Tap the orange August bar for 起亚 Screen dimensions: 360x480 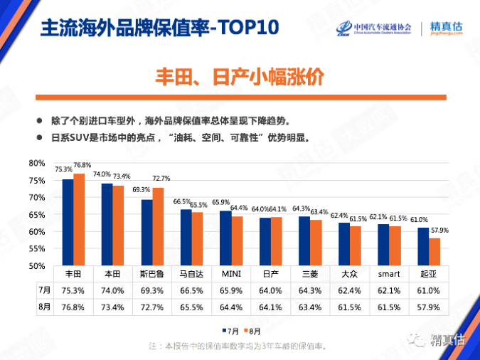(x=434, y=252)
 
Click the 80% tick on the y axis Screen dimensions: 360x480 (x=36, y=163)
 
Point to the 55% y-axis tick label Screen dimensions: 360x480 (x=36, y=249)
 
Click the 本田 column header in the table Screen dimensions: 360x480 (x=112, y=274)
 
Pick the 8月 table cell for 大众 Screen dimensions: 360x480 (x=349, y=307)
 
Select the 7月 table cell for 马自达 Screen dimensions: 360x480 (x=191, y=290)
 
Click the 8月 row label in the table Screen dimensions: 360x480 (x=44, y=307)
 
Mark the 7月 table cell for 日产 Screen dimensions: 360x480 (x=270, y=290)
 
